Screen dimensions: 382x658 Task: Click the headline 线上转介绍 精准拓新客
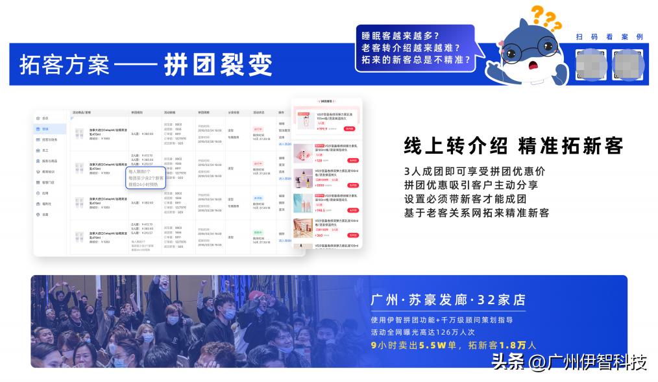pyautogui.click(x=513, y=146)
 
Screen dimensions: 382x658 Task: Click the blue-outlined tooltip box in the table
pyautogui.click(x=146, y=178)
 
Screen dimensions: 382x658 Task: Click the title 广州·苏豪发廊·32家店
pyautogui.click(x=448, y=300)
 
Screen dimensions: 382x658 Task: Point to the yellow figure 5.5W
pyautogui.click(x=428, y=345)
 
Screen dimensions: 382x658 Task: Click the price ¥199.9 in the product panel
pyautogui.click(x=304, y=129)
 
